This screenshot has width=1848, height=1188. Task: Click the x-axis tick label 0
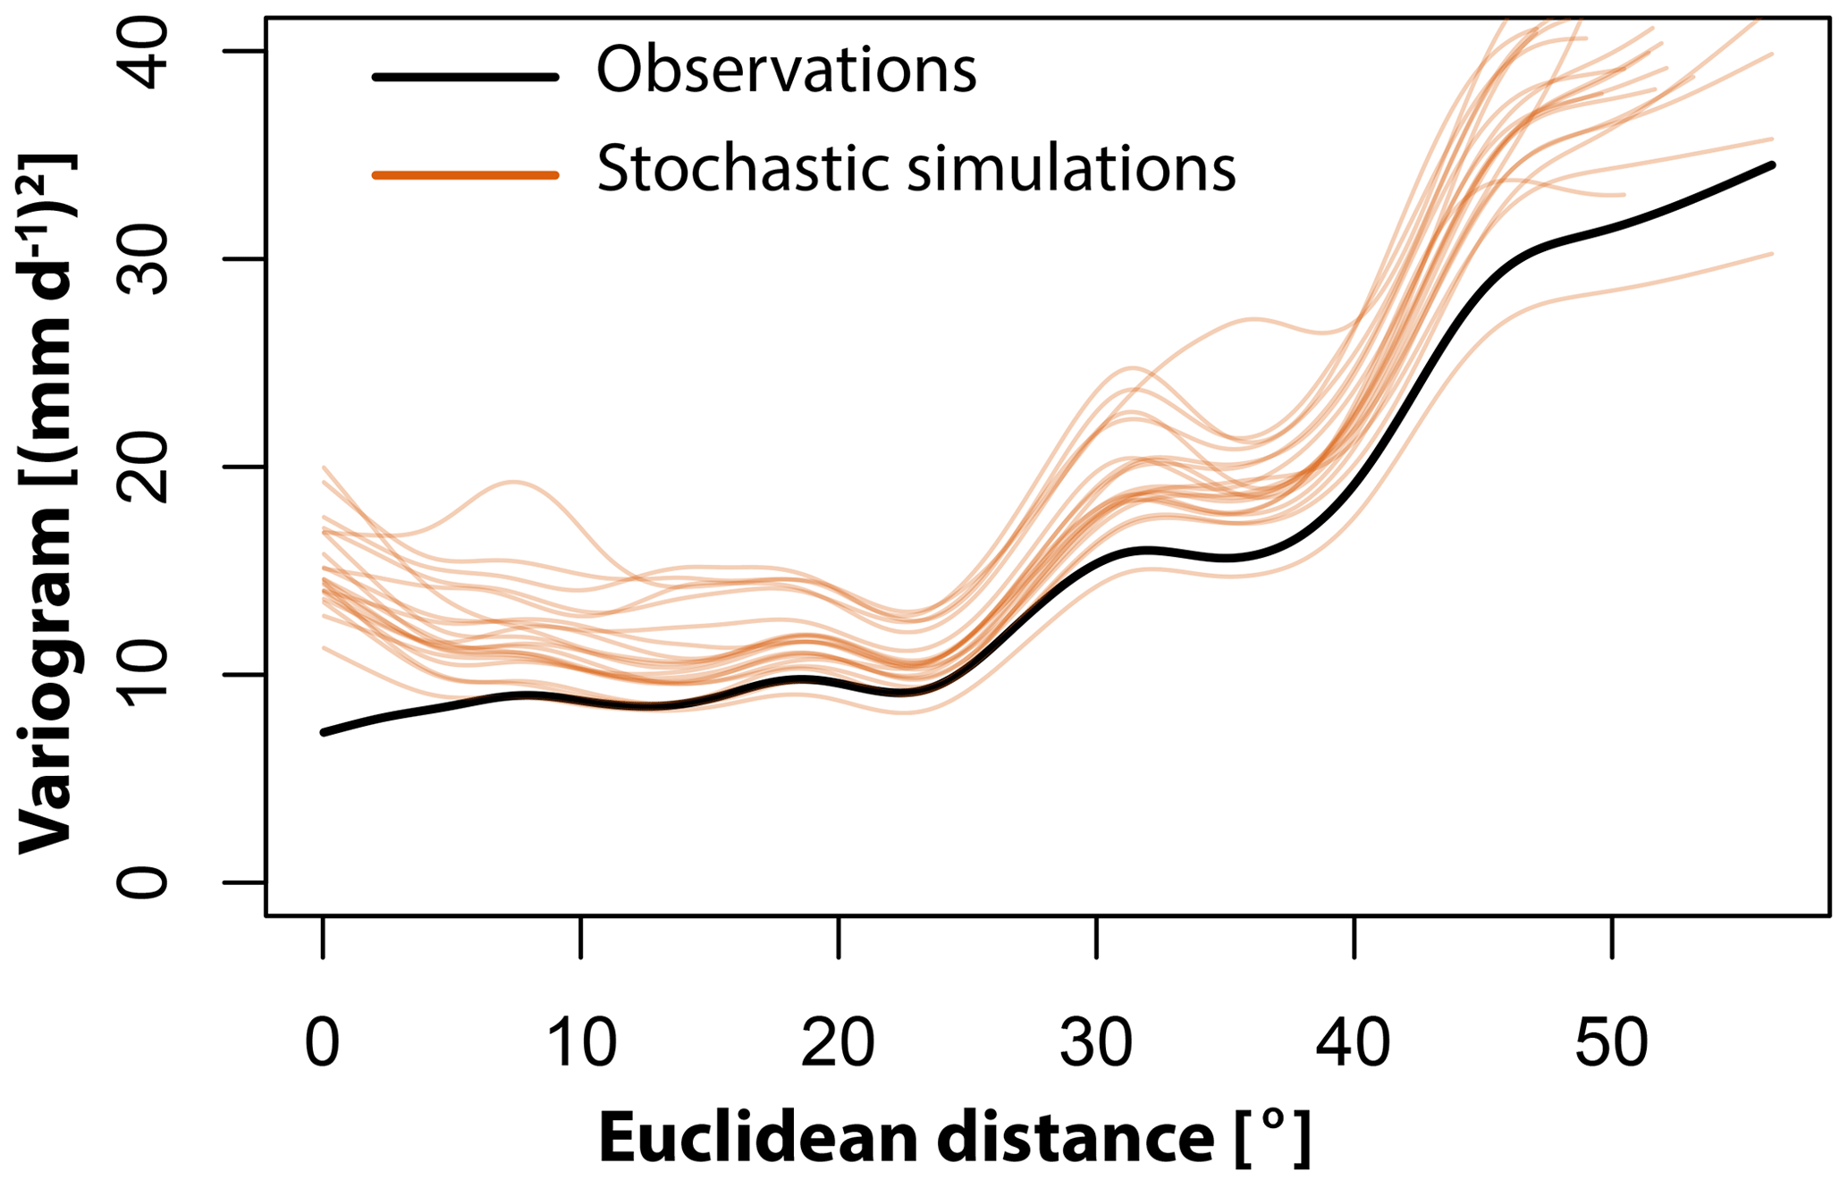pyautogui.click(x=323, y=1043)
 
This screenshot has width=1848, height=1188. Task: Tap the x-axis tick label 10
pyautogui.click(x=581, y=1043)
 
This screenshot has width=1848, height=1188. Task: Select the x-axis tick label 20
pyautogui.click(x=838, y=1043)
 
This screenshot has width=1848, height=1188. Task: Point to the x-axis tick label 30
pyautogui.click(x=1096, y=1043)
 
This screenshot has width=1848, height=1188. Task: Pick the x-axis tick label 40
pyautogui.click(x=1354, y=1043)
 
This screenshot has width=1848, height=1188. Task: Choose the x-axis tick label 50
pyautogui.click(x=1611, y=1043)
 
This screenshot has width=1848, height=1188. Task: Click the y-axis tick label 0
pyautogui.click(x=143, y=882)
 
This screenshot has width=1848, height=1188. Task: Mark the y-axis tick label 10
pyautogui.click(x=143, y=674)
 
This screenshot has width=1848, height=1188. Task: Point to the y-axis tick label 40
pyautogui.click(x=143, y=54)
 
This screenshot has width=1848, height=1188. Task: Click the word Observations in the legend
pyautogui.click(x=787, y=70)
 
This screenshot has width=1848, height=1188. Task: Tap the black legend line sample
pyautogui.click(x=465, y=78)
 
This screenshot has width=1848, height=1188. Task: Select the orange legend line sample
pyautogui.click(x=465, y=175)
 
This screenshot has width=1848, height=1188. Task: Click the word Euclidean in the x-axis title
pyautogui.click(x=759, y=1139)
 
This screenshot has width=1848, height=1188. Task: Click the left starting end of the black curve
pyautogui.click(x=324, y=732)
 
